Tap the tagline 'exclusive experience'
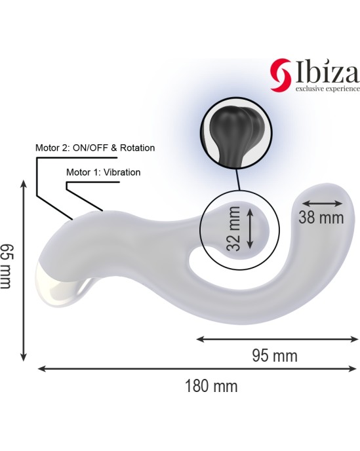pos(322,88)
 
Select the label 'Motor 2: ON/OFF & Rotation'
pos(94,148)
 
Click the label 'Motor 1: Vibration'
pos(104,172)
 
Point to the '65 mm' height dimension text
pos(7,265)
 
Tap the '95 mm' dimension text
pos(275,356)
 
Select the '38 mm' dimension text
pos(321,218)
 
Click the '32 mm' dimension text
pos(234,227)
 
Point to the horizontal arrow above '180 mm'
pos(196,369)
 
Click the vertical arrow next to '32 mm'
pos(250,227)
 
